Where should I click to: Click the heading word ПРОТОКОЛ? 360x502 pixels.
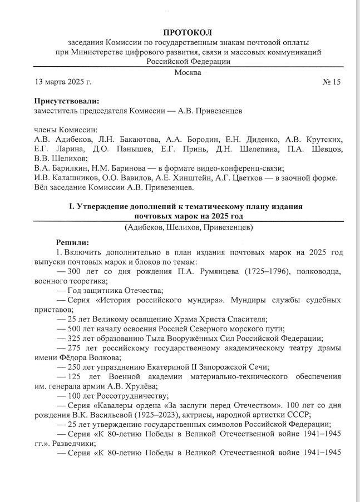188,33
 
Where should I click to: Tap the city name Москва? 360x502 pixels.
188,73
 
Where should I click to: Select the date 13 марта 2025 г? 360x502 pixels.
63,82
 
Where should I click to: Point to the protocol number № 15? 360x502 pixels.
331,82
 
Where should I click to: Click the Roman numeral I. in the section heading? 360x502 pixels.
71,206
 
